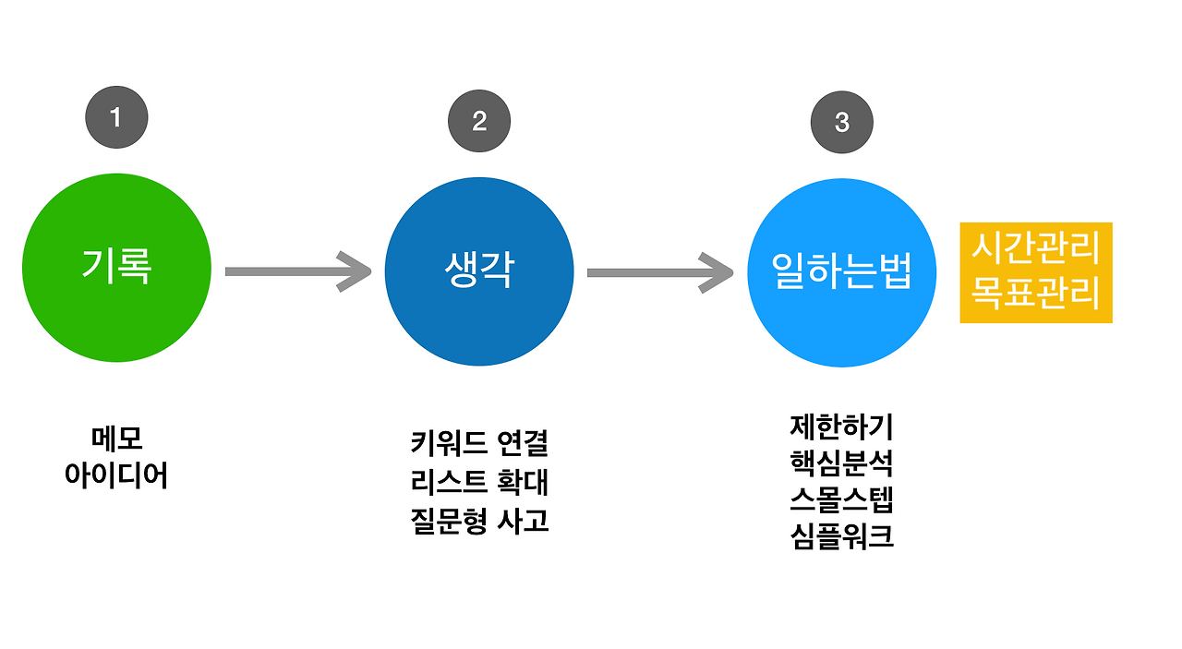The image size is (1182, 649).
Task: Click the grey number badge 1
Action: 116,118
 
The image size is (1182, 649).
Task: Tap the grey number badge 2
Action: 479,121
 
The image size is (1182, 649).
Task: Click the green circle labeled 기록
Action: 116,269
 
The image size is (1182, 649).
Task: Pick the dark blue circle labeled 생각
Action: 479,270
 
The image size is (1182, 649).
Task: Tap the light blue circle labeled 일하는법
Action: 841,272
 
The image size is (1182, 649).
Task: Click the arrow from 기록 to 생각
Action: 296,270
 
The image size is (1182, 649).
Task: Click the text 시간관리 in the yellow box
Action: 1035,248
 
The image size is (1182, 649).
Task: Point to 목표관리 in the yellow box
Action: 1035,295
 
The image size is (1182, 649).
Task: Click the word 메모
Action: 117,439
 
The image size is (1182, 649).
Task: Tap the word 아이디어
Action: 116,475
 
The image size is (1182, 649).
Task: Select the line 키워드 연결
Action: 479,443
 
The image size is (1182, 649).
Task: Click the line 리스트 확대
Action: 479,482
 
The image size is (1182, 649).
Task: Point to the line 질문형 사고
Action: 479,521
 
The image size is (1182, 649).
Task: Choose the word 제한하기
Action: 841,427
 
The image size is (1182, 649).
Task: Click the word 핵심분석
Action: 841,463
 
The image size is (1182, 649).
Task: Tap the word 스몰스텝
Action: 841,499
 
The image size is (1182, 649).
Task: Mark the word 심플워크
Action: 841,536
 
